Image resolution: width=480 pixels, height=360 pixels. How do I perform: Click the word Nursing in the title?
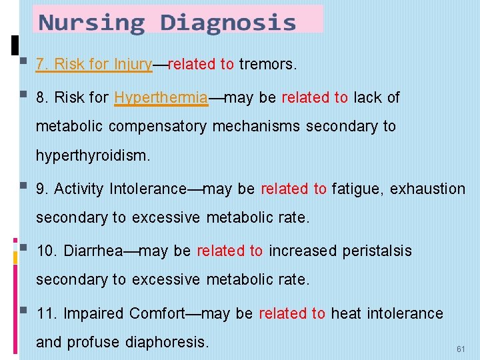coord(91,23)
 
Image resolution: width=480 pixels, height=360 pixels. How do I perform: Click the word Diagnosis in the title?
coord(228,23)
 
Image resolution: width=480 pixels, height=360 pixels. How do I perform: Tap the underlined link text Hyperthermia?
coord(161,97)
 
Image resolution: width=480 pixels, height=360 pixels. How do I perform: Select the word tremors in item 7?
coord(266,65)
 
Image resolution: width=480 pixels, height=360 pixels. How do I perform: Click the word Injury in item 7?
coord(133,65)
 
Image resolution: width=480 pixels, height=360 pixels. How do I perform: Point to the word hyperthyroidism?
coord(93,156)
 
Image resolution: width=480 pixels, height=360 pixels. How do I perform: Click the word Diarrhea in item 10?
coord(93,251)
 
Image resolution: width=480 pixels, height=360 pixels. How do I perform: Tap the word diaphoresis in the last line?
coord(167,343)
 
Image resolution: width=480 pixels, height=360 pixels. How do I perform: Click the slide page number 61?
coord(461,349)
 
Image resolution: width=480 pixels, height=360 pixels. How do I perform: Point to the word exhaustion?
coord(427,189)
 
